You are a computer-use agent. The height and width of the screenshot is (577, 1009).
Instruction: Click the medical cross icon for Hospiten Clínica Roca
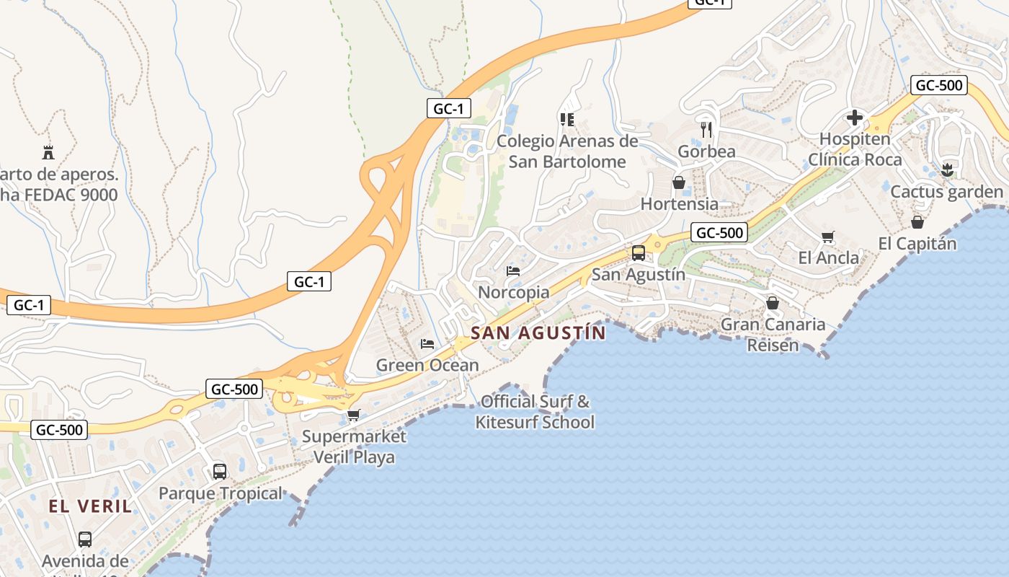point(855,117)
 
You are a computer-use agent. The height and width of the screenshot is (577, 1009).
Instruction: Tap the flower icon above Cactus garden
point(947,170)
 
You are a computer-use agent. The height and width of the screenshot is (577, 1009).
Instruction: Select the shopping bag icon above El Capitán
point(917,222)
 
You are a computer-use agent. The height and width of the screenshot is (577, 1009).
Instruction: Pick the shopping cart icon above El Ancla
point(828,237)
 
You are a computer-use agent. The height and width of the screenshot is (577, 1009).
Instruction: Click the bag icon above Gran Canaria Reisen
point(773,303)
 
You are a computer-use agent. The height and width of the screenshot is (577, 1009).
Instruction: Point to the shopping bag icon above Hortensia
point(679,182)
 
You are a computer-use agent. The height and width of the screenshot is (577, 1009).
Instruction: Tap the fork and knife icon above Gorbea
point(706,130)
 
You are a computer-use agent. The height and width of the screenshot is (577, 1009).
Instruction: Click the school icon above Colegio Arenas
point(567,119)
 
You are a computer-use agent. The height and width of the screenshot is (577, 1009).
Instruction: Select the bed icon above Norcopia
point(513,271)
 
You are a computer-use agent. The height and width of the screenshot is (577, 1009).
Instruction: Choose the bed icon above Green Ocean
point(427,343)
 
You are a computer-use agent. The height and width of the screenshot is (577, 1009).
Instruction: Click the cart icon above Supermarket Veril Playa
point(353,415)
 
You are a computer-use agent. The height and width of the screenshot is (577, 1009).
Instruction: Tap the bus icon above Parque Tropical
point(220,472)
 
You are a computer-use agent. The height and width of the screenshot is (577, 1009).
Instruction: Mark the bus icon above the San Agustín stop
point(639,252)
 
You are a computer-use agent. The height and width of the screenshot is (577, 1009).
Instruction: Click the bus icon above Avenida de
point(85,539)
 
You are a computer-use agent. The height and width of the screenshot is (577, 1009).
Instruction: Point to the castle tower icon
point(48,152)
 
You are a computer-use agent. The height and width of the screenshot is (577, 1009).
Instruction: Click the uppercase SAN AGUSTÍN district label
point(538,332)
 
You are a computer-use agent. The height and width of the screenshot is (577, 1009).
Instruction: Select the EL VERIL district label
point(91,506)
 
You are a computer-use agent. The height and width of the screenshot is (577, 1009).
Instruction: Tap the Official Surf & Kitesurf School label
point(535,412)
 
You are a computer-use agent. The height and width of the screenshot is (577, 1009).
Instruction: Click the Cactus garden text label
point(947,192)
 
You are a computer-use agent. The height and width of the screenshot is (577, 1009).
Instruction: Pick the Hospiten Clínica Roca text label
point(855,149)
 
